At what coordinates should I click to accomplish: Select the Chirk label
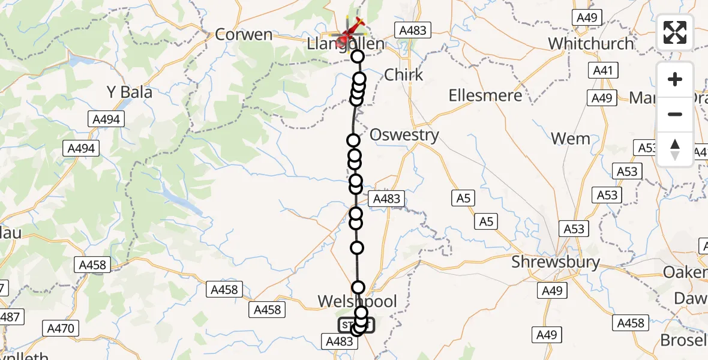403,75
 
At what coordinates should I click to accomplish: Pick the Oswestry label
404,134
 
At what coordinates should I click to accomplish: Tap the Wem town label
570,139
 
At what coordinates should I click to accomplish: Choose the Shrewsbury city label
556,262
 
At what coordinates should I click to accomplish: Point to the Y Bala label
129,92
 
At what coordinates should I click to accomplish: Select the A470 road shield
61,328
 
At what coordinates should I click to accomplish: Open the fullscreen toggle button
675,32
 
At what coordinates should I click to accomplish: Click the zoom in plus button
675,79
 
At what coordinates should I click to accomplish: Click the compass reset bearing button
675,149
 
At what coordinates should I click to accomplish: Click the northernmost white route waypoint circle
358,57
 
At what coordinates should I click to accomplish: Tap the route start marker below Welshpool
356,326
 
